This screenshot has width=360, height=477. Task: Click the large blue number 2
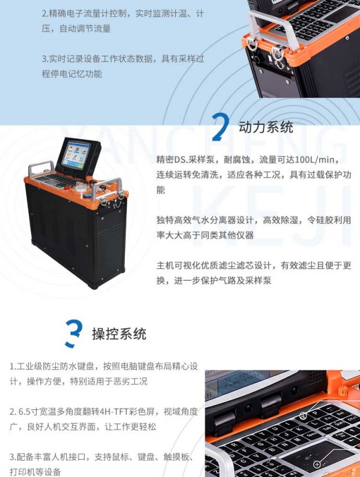coord(220,127)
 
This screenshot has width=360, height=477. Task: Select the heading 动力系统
coord(266,127)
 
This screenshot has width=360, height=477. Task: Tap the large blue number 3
coord(74,334)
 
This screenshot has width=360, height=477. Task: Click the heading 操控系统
coord(119,334)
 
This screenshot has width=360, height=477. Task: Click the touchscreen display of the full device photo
coord(76,154)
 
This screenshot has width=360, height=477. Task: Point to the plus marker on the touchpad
coord(316,464)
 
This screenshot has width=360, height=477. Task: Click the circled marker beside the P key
coord(302,415)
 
